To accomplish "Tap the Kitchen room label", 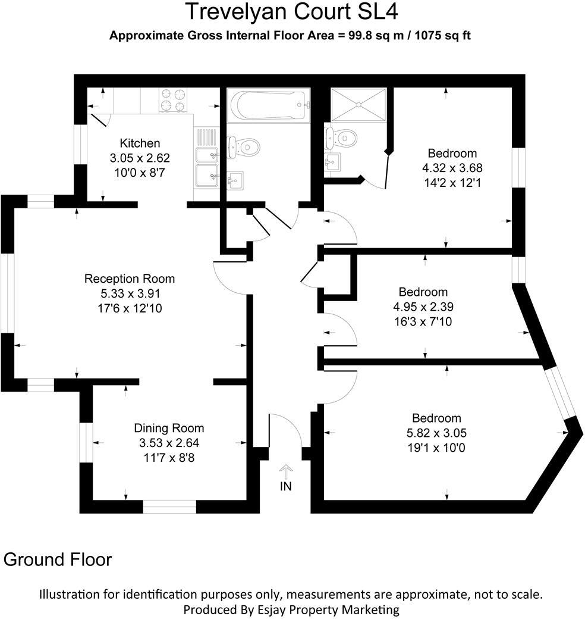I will pos(140,143).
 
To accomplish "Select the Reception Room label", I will pos(130,279).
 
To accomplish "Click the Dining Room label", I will pos(169,428).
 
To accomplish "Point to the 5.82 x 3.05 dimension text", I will pos(437,433).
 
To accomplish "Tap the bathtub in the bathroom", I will pos(268,105).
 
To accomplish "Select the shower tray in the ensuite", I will pos(358,104).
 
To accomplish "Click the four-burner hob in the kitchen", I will pos(172,100).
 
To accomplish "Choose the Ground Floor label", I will pos(58,559).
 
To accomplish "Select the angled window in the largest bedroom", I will pos(559,393).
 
